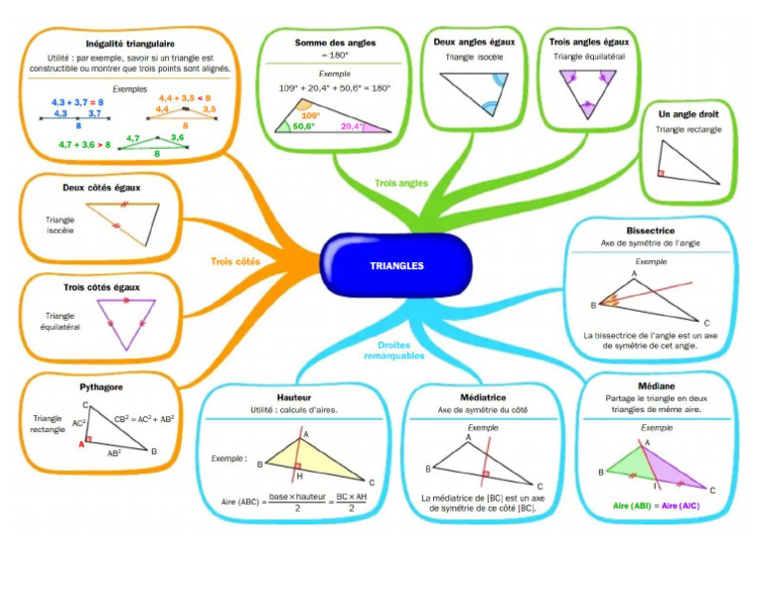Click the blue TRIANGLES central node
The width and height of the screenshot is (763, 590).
[396, 266]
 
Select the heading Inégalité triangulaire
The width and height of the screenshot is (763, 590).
[130, 44]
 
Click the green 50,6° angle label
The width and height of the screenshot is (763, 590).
[303, 127]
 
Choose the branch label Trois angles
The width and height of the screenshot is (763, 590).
[400, 183]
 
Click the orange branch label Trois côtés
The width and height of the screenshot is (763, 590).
[235, 262]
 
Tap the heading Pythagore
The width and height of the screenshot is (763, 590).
[100, 386]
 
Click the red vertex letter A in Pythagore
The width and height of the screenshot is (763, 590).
[81, 445]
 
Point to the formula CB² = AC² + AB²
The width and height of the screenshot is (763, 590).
[144, 418]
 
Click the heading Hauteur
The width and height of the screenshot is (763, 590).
[294, 396]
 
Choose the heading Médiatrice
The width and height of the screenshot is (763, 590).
[483, 396]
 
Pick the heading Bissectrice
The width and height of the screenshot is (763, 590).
[651, 230]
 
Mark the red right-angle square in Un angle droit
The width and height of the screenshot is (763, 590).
[660, 174]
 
